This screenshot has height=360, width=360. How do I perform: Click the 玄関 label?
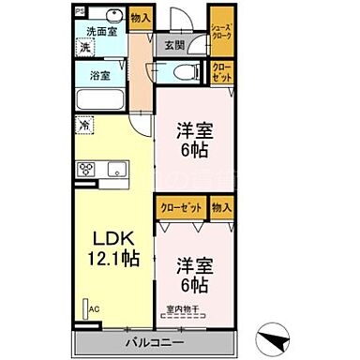click(x=175, y=44)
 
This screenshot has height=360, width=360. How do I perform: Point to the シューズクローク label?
click(x=221, y=35)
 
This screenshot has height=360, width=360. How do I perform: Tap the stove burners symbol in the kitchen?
click(x=87, y=170)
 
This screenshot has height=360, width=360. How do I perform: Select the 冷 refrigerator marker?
click(x=84, y=123)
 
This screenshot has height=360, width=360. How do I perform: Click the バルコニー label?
click(x=151, y=341)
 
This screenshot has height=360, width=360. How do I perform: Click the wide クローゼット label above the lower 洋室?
click(x=180, y=209)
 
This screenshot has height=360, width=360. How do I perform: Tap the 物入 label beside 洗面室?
click(x=141, y=18)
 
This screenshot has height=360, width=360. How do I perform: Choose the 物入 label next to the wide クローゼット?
click(x=221, y=209)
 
